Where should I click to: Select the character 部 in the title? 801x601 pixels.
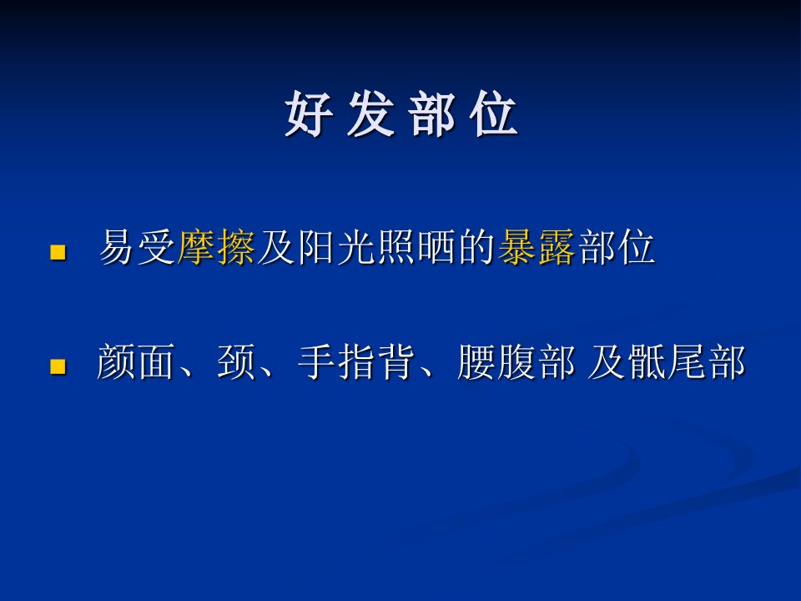(x=432, y=114)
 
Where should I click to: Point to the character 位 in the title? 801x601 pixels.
(x=495, y=114)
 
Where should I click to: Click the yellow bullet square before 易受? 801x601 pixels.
(x=58, y=252)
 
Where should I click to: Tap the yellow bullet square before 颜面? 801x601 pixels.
(x=58, y=367)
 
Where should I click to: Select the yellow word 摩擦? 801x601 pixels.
(x=215, y=247)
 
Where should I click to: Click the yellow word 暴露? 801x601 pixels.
(x=536, y=247)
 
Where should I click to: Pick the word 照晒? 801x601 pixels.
(x=396, y=247)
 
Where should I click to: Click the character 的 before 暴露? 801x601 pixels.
(x=476, y=247)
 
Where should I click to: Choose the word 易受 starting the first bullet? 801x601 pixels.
(x=137, y=247)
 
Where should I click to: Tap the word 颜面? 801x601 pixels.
(x=136, y=361)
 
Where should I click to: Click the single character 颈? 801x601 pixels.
(x=236, y=361)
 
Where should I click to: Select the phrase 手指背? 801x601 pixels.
(x=356, y=361)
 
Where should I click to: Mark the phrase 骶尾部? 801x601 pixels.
(x=688, y=361)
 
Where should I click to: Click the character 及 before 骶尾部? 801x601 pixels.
(x=607, y=361)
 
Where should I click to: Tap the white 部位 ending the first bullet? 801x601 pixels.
(x=616, y=247)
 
